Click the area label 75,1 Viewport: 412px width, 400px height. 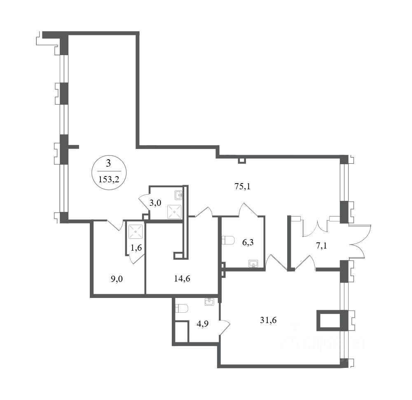pyautogui.click(x=243, y=186)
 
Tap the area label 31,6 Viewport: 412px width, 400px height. pyautogui.click(x=268, y=320)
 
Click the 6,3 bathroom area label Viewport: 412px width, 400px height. pyautogui.click(x=248, y=242)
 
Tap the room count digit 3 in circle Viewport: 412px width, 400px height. pyautogui.click(x=109, y=163)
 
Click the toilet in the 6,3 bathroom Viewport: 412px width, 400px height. pyautogui.click(x=228, y=240)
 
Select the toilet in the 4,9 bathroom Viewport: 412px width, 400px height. pyautogui.click(x=181, y=308)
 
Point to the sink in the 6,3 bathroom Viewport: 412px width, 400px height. pyautogui.click(x=253, y=263)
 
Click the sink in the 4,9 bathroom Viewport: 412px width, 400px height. pyautogui.click(x=209, y=302)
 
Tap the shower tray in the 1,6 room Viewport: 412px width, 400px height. pyautogui.click(x=136, y=231)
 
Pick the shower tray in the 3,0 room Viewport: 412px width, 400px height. pyautogui.click(x=175, y=212)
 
